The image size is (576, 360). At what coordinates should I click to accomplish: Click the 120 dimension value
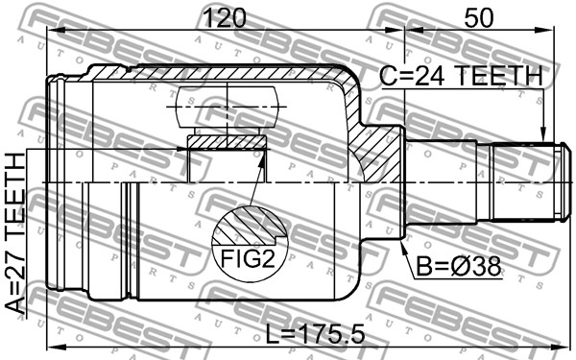[225, 17]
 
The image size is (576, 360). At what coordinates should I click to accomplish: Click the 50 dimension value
[478, 17]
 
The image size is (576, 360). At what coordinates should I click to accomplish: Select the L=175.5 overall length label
[315, 334]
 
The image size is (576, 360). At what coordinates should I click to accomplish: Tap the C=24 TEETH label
[461, 76]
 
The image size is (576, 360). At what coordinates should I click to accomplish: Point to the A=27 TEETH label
[15, 233]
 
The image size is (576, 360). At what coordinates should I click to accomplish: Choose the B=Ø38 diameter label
[458, 266]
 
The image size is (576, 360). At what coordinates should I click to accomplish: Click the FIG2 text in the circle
[248, 258]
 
